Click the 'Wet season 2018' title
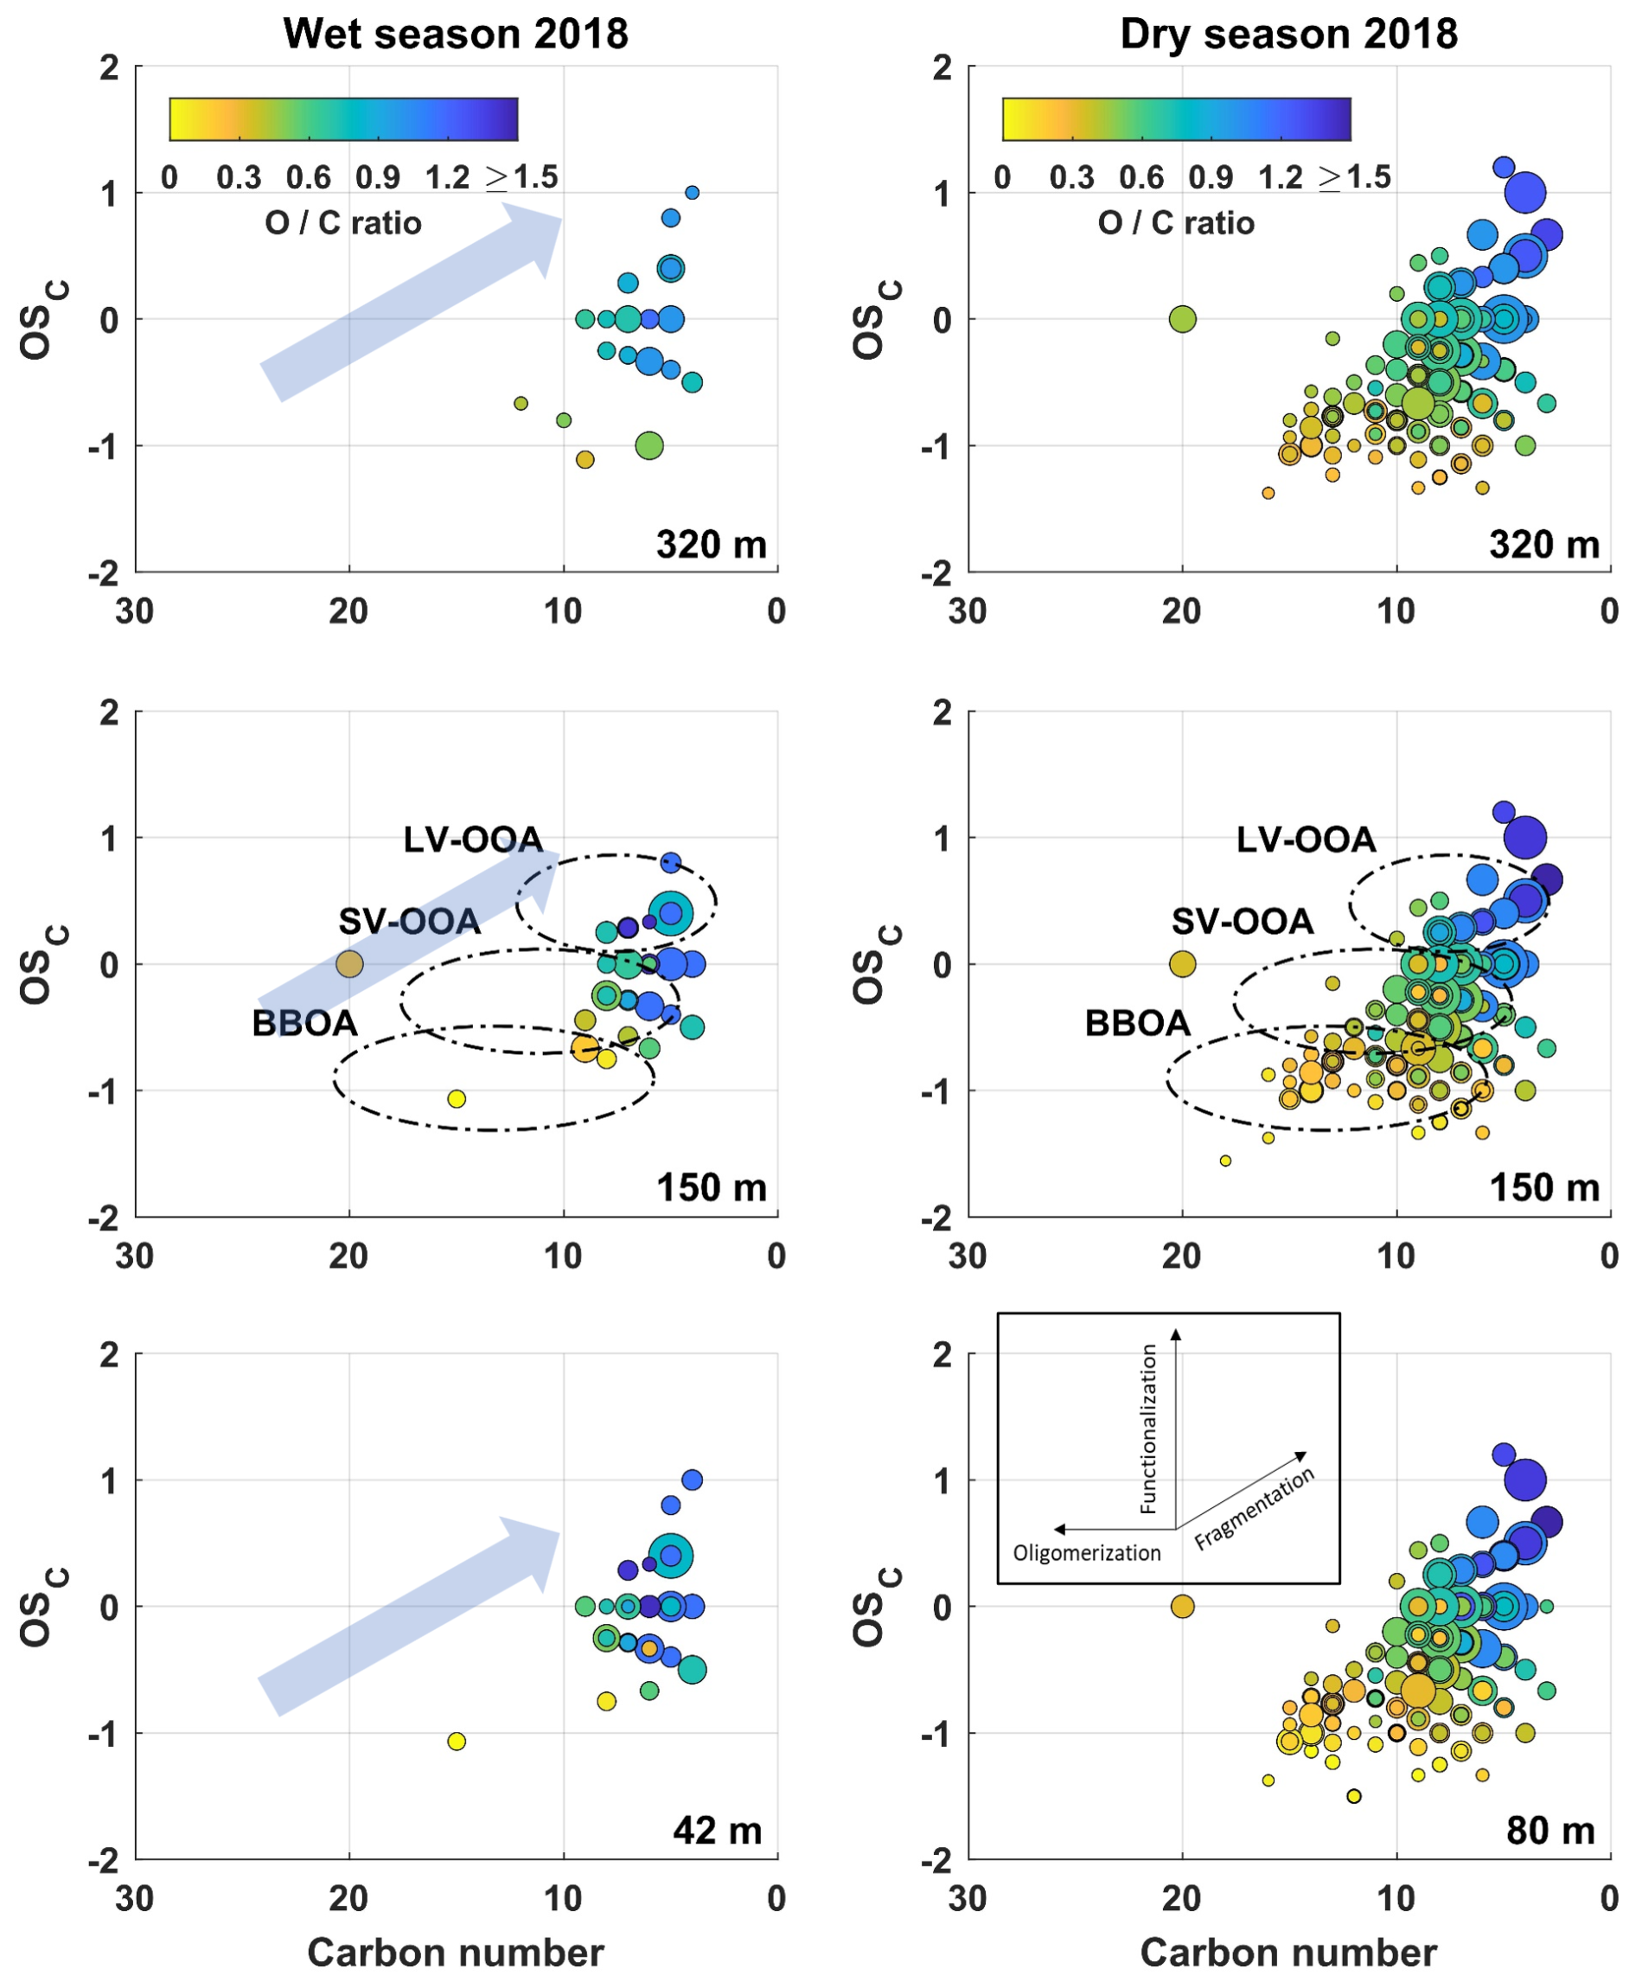pos(455,34)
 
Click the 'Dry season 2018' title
pos(1288,34)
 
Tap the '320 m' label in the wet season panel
pos(712,545)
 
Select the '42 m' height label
pos(717,1830)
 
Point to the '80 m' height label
pos(1550,1830)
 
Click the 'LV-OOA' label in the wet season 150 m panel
pos(473,839)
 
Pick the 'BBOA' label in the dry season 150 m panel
pos(1137,1023)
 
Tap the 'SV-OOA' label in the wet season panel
pos(409,921)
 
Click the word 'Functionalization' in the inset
pos(1147,1429)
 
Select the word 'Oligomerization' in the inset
pos(1087,1554)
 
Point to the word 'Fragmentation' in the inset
pos(1254,1508)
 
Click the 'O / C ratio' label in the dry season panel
pos(1176,222)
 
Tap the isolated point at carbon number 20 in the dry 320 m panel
pos(1183,319)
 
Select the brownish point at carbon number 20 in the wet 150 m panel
pos(349,964)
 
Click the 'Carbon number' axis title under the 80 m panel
pos(1288,1953)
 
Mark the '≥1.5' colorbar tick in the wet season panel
pos(522,177)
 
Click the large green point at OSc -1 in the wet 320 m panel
pos(649,445)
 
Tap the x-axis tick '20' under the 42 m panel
pos(348,1898)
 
